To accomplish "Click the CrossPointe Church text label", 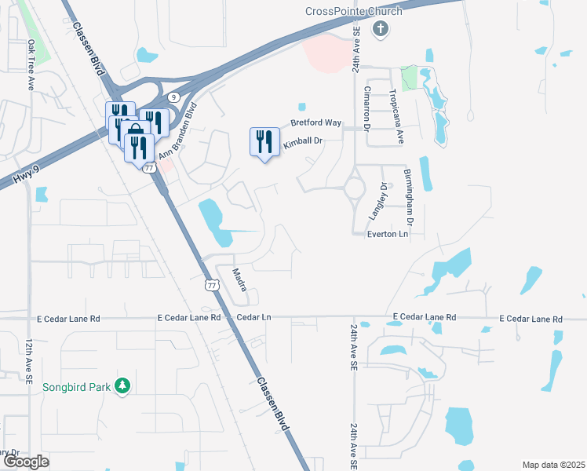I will [353, 11].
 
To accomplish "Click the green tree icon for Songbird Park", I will [122, 385].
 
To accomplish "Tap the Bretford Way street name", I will [316, 123].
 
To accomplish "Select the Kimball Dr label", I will [303, 141].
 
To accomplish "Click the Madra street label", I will [241, 281].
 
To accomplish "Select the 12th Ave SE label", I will [29, 361].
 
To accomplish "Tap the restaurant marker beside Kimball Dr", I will [263, 142].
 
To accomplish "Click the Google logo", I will [26, 461].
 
